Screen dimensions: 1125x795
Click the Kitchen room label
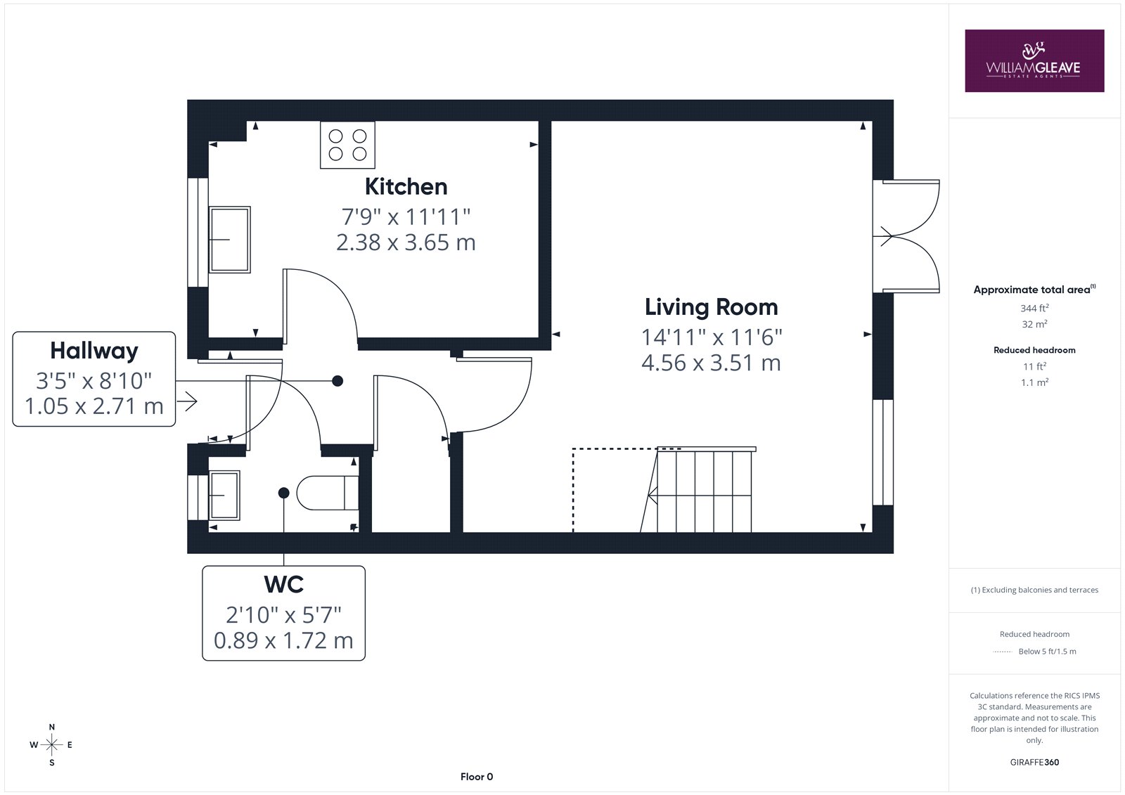(x=406, y=187)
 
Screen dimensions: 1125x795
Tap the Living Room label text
(x=711, y=307)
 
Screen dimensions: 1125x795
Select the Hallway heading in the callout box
(x=94, y=351)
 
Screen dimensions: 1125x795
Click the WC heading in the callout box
(x=284, y=584)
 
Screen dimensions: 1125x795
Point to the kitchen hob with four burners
(x=347, y=145)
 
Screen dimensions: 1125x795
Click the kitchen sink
(x=229, y=240)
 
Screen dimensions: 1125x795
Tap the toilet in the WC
(x=328, y=493)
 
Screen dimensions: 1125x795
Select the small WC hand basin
(x=224, y=495)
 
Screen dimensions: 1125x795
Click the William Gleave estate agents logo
(x=1034, y=60)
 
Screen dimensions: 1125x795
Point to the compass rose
(x=52, y=745)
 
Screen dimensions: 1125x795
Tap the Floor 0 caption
(x=477, y=777)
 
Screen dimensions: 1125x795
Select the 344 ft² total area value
(x=1034, y=308)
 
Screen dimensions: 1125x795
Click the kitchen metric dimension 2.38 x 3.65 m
(x=406, y=243)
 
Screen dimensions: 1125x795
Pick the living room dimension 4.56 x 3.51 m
(x=711, y=363)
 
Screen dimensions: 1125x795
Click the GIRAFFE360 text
(x=1034, y=763)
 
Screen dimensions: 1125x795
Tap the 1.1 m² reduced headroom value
(x=1034, y=382)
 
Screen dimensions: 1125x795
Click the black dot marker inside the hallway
(x=337, y=381)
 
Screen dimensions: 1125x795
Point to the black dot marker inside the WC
(x=284, y=493)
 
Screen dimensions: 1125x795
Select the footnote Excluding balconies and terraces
(x=1034, y=590)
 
